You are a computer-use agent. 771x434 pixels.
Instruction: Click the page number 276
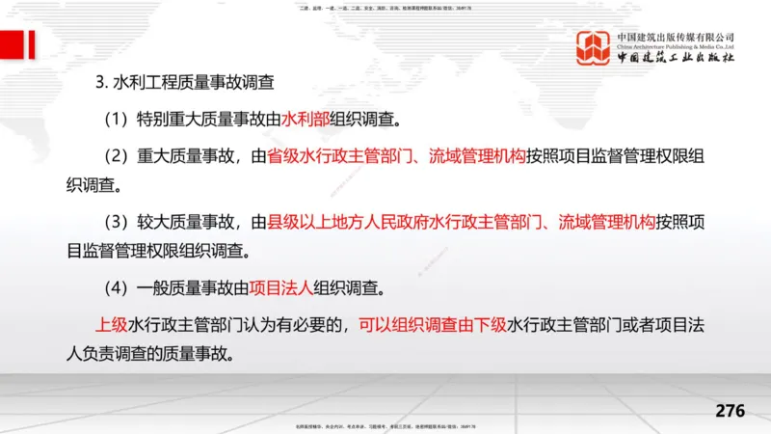point(730,411)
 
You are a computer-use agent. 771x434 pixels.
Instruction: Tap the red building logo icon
point(594,49)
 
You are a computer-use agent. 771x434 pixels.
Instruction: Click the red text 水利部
point(305,122)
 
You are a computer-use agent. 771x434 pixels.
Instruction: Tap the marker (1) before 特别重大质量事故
point(120,122)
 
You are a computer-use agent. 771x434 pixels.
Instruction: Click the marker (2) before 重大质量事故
point(120,156)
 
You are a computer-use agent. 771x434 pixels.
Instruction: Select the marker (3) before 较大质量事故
point(120,222)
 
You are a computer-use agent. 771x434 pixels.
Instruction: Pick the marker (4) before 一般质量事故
point(120,287)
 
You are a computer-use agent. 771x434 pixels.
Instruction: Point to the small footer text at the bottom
point(385,427)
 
